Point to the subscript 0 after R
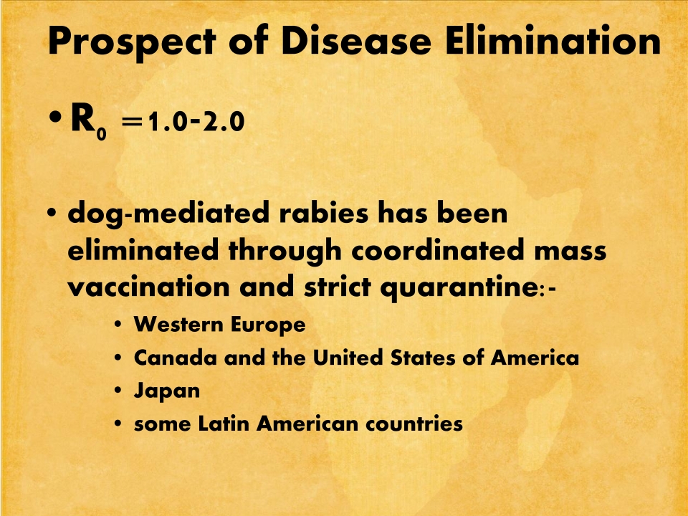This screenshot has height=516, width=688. pos(102,133)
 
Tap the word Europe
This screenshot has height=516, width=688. pos(267,325)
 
